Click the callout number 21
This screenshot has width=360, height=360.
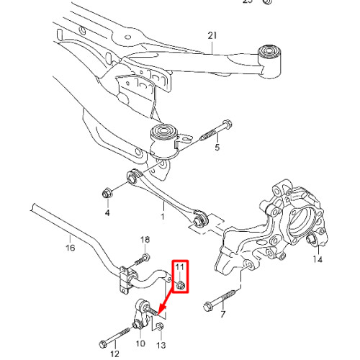point(212,35)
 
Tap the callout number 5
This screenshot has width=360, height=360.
point(217,147)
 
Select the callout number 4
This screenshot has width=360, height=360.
point(107,212)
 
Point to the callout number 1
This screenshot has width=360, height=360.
point(163,217)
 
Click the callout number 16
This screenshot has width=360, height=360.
point(71,248)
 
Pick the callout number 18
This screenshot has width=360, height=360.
point(145,240)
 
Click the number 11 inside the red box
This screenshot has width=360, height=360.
point(180,266)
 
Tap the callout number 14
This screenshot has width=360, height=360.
point(318,259)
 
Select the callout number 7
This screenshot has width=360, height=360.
point(223,314)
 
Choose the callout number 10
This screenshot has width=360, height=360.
point(140,343)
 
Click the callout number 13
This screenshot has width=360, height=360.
point(161,345)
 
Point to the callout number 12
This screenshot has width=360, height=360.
point(114,354)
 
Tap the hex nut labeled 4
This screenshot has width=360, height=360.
point(107,193)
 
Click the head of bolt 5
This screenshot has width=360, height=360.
point(227,125)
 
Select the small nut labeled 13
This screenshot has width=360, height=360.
point(159,326)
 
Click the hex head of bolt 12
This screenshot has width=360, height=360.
point(103,344)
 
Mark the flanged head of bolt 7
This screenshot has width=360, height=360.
point(208,306)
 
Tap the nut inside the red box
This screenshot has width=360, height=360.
point(181,285)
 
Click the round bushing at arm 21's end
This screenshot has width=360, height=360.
point(269,52)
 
